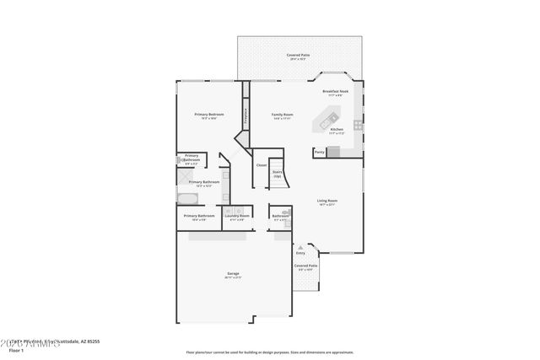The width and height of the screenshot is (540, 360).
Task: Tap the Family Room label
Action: tap(282, 114)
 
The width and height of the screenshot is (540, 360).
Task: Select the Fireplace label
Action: tap(246, 115)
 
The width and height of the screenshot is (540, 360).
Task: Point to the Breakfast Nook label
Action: tap(336, 91)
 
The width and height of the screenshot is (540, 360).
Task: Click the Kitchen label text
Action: tap(336, 129)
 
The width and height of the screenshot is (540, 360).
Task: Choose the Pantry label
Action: tap(319, 153)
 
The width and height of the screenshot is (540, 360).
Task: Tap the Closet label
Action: tap(262, 164)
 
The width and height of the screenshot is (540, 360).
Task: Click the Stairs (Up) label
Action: tap(277, 175)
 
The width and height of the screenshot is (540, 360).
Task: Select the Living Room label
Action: tap(327, 201)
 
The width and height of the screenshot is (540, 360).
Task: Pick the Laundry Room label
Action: tap(237, 216)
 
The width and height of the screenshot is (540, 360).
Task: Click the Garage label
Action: tap(233, 274)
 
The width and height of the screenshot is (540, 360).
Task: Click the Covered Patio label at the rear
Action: tap(298, 56)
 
